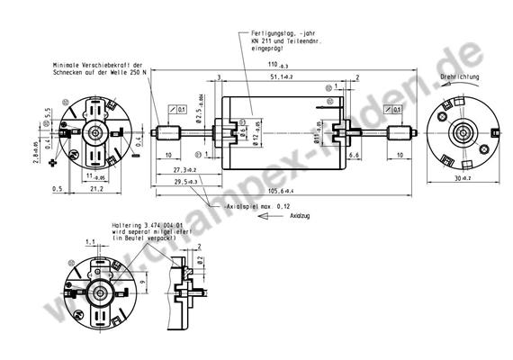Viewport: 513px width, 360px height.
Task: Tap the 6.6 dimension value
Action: point(354,156)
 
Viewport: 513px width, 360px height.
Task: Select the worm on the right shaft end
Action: point(400,135)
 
